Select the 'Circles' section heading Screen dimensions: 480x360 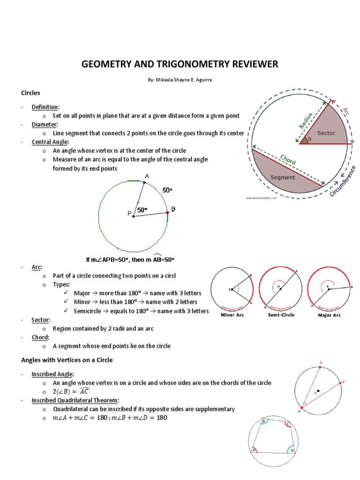tap(30, 93)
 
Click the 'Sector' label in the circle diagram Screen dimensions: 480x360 tap(326, 133)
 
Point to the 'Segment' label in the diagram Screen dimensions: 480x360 tap(283, 177)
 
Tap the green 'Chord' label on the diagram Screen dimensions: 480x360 tap(288, 159)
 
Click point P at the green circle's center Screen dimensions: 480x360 tap(134, 216)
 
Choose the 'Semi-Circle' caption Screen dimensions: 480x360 tap(281, 315)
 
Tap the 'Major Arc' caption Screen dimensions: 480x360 tap(329, 315)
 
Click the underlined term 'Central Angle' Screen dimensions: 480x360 tap(50, 142)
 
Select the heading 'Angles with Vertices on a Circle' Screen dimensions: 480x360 tap(67, 360)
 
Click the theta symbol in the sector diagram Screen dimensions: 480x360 tap(309, 139)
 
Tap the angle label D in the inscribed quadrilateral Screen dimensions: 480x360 tap(292, 450)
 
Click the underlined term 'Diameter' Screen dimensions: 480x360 tap(44, 124)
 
